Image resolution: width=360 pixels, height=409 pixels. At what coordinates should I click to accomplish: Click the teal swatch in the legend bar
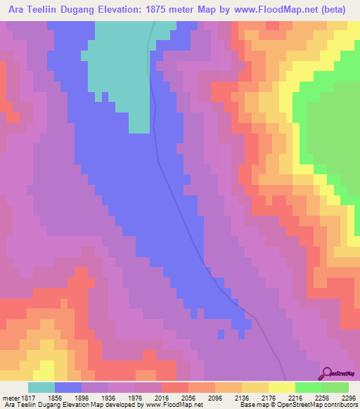[x=41, y=387]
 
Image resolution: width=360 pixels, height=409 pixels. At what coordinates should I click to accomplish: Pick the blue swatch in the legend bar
[x=68, y=387]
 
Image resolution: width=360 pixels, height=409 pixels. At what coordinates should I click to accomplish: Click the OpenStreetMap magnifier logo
[x=327, y=373]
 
